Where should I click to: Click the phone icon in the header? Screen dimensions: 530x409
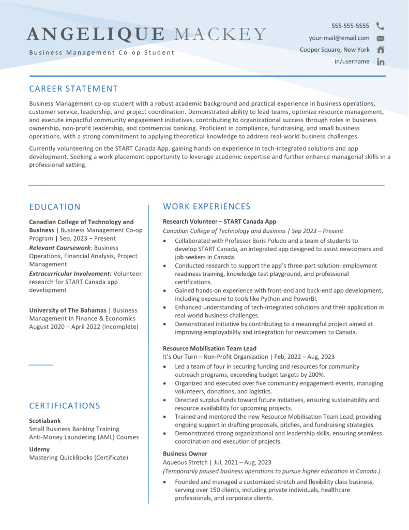pyautogui.click(x=380, y=25)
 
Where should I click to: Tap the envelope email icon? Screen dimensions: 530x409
pyautogui.click(x=381, y=38)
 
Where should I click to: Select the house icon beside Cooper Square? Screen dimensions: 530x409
pyautogui.click(x=381, y=50)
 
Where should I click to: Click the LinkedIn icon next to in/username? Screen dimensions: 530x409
pyautogui.click(x=381, y=62)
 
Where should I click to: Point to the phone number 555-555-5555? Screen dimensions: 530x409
pyautogui.click(x=350, y=25)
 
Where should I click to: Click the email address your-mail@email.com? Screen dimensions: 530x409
pyautogui.click(x=339, y=38)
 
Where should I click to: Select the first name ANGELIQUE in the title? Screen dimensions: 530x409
pyautogui.click(x=95, y=34)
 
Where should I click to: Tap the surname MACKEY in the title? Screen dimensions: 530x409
pyautogui.click(x=220, y=34)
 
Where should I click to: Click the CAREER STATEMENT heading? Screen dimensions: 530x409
pyautogui.click(x=73, y=89)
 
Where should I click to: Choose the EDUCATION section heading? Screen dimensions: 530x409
pyautogui.click(x=55, y=207)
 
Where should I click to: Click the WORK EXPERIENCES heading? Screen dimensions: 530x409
pyautogui.click(x=206, y=207)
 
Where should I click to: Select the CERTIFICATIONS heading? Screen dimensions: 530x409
pyautogui.click(x=65, y=406)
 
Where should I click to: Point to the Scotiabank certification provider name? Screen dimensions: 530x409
pyautogui.click(x=45, y=421)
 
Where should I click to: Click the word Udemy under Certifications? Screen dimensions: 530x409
pyautogui.click(x=39, y=449)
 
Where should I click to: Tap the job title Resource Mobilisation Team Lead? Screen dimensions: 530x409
pyautogui.click(x=209, y=348)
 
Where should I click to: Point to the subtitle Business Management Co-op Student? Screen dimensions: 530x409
pyautogui.click(x=101, y=53)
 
